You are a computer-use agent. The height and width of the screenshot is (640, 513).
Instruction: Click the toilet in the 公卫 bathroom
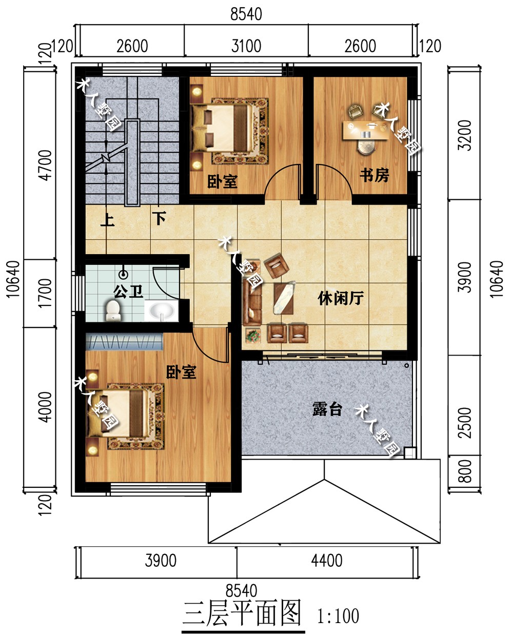(x=113, y=311)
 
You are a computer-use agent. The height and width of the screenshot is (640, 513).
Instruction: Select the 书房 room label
(x=374, y=175)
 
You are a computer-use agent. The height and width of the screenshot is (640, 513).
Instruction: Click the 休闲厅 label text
(x=341, y=298)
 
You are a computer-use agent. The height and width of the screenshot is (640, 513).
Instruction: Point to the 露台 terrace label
(x=327, y=409)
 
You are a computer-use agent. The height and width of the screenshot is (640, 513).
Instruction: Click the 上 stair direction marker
(x=107, y=220)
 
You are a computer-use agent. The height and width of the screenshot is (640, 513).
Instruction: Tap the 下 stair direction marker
(x=159, y=219)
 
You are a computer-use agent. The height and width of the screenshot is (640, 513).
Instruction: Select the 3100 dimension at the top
(x=246, y=46)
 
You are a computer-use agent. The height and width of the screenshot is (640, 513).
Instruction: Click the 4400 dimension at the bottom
(x=327, y=560)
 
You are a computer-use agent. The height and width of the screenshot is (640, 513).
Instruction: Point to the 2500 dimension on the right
(x=465, y=423)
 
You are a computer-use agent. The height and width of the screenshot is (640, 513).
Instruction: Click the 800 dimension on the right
(x=465, y=471)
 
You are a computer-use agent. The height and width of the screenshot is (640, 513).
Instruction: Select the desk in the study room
(x=366, y=130)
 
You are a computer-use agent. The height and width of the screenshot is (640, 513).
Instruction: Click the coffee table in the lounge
(x=284, y=298)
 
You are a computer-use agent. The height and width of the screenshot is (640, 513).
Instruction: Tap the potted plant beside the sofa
(x=253, y=336)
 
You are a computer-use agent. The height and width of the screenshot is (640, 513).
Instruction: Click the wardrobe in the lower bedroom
(x=124, y=341)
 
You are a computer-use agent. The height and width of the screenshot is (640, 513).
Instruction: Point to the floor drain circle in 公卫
(x=123, y=274)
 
